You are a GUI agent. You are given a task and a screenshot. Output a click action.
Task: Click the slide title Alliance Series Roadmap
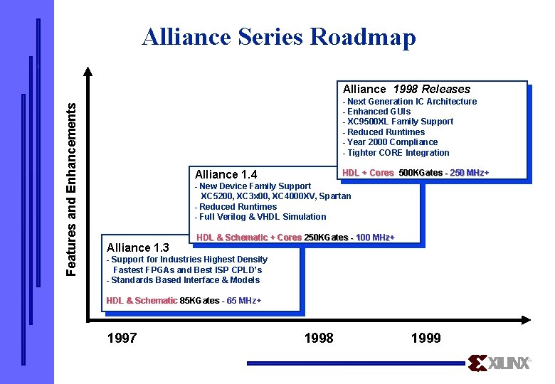(278, 36)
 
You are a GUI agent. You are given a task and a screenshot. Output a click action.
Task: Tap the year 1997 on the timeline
(122, 338)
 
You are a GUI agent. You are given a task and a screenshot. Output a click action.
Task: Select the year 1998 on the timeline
(318, 338)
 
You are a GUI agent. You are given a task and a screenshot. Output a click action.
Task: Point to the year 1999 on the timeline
(425, 338)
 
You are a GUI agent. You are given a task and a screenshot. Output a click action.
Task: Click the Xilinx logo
(499, 363)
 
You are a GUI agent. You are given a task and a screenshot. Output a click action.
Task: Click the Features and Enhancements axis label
(72, 188)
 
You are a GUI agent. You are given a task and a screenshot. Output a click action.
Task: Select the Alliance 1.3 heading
(137, 247)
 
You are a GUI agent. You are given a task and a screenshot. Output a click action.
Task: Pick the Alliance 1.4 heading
(226, 174)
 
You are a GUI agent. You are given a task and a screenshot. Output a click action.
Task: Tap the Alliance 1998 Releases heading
(406, 89)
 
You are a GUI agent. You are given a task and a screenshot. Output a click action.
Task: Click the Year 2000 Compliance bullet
(391, 142)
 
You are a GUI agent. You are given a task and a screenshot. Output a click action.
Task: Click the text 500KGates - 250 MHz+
(444, 173)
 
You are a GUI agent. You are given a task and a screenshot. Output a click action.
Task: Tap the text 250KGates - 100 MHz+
(349, 238)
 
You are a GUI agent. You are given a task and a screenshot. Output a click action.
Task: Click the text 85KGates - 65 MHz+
(221, 301)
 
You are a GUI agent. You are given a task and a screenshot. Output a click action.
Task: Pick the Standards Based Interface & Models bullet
(183, 280)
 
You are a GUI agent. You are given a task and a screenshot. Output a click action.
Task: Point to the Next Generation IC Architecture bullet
(410, 102)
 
